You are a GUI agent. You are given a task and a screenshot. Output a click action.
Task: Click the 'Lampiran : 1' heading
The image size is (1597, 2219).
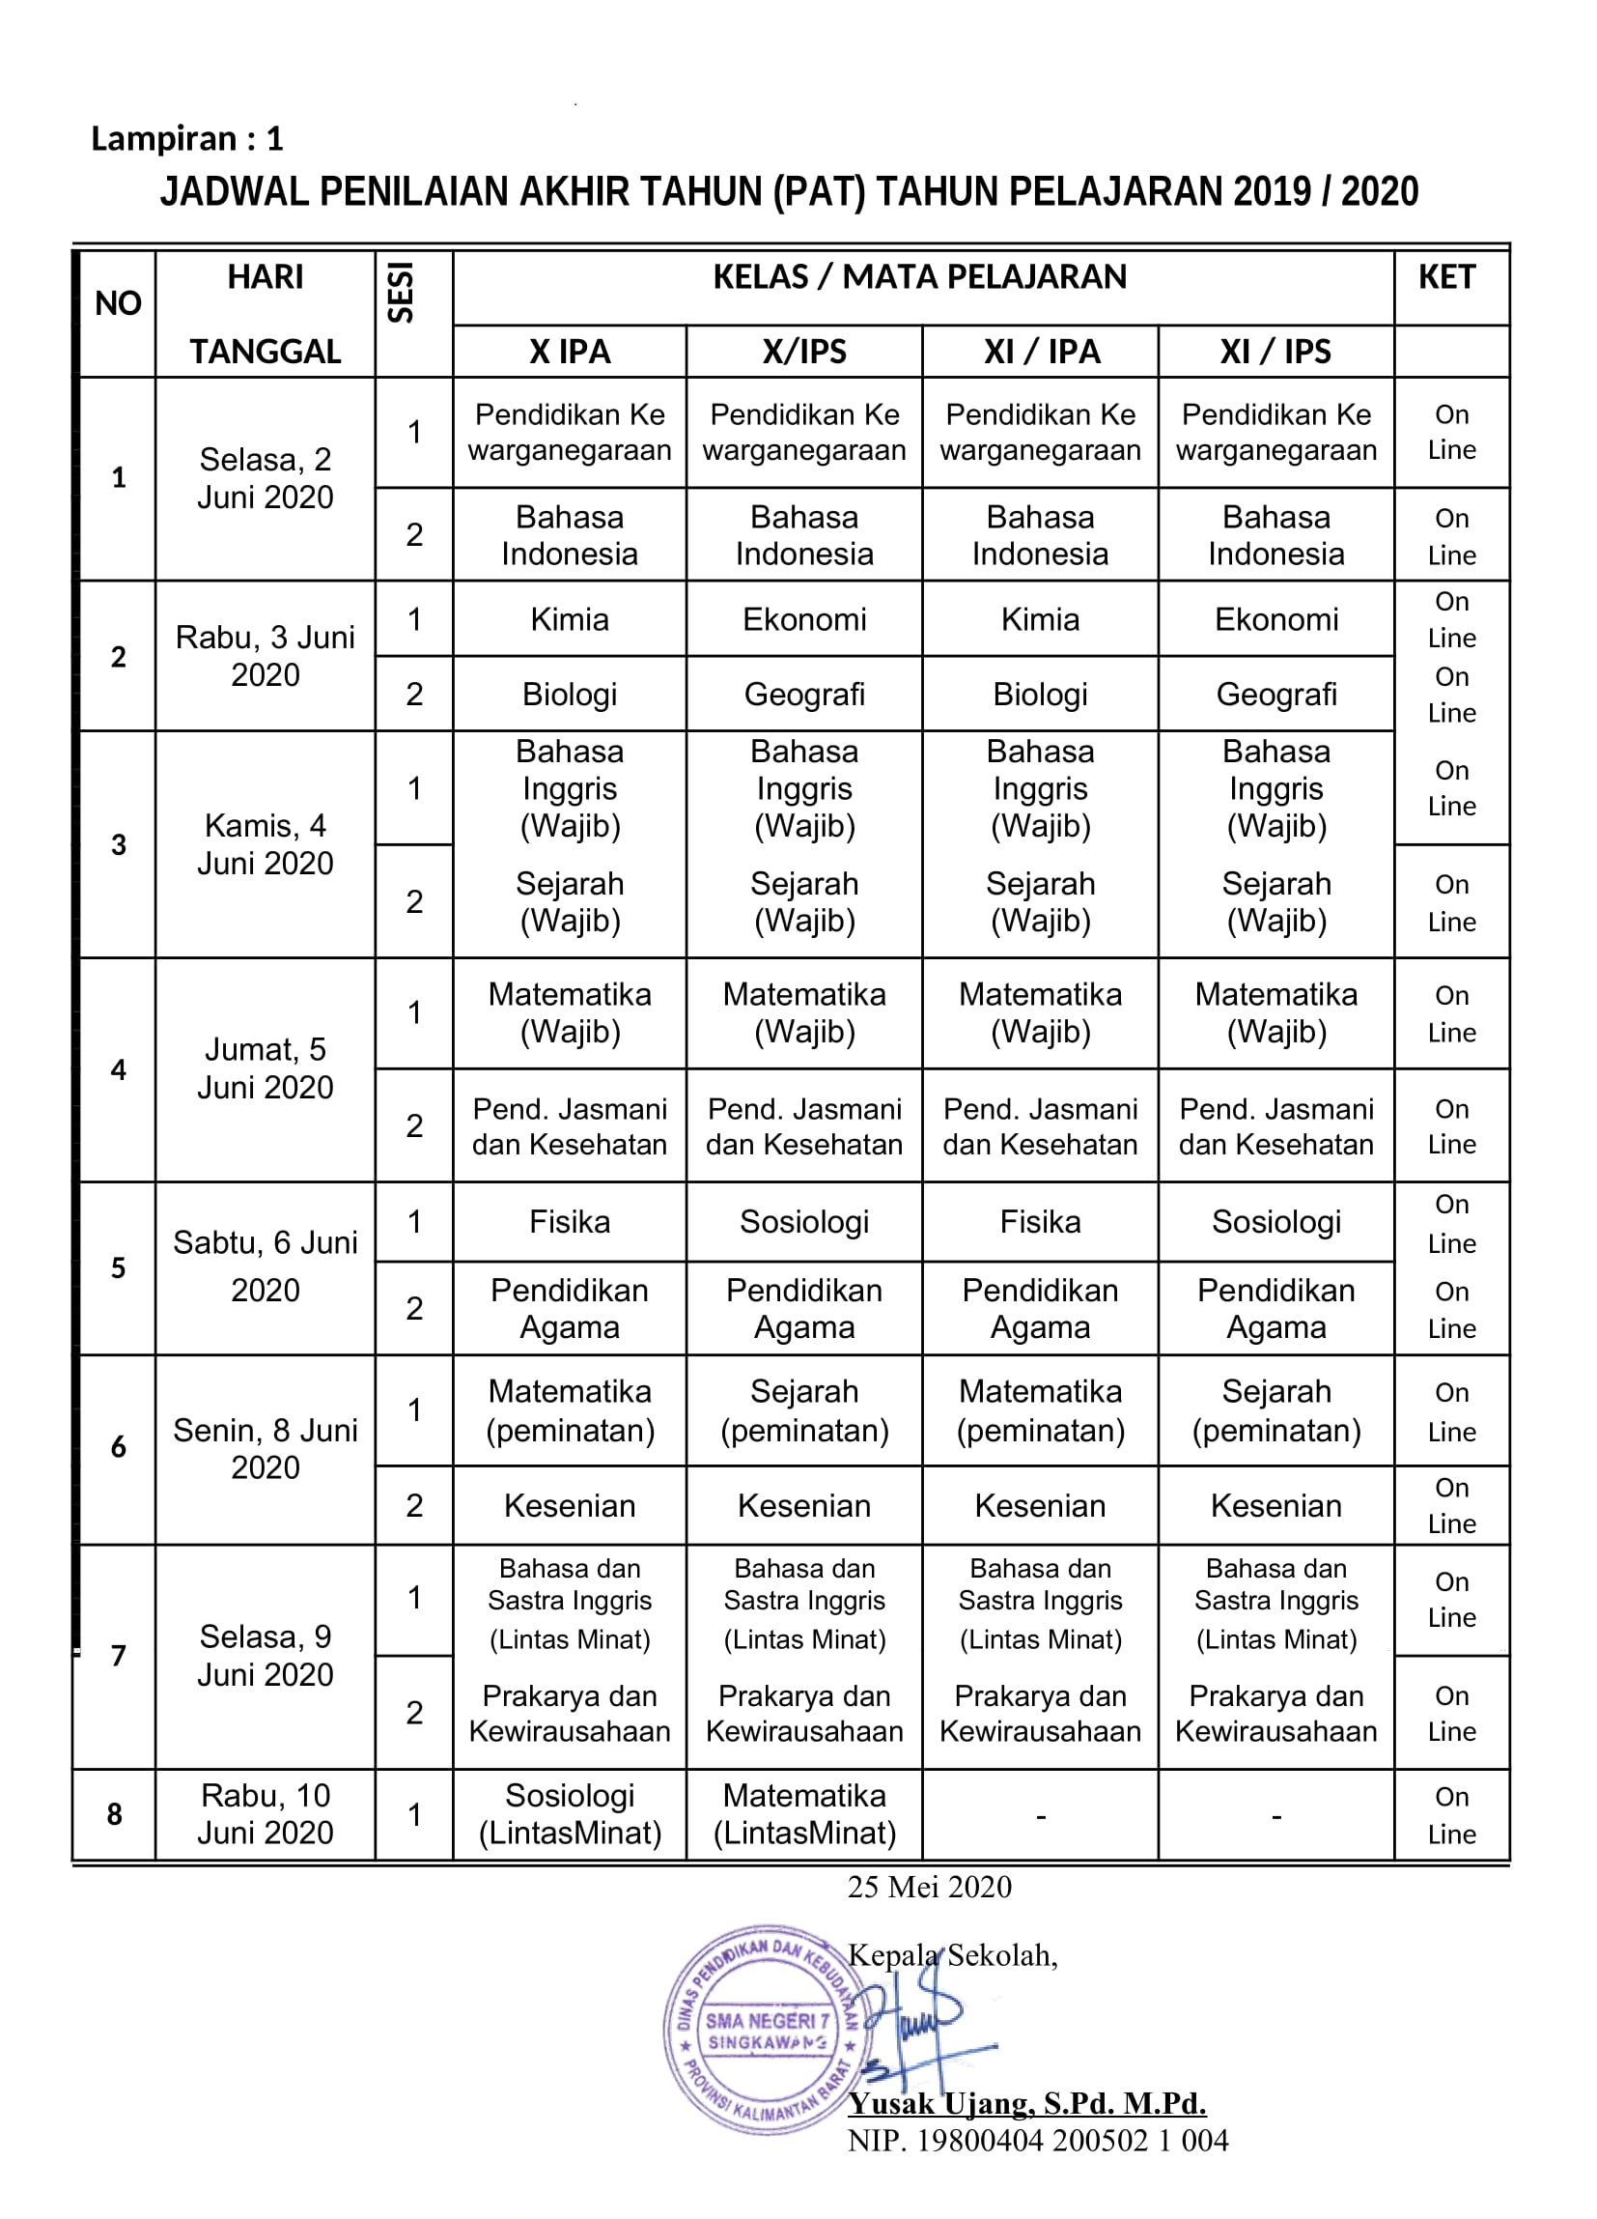point(186,139)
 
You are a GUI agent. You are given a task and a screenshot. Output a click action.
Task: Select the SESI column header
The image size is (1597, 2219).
point(401,293)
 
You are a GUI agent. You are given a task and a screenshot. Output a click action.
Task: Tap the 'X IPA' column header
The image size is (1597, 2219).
point(569,352)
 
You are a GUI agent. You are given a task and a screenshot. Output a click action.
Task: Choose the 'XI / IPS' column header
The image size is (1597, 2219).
point(1275,352)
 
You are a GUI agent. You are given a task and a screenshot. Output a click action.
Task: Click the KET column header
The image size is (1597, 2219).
point(1446,277)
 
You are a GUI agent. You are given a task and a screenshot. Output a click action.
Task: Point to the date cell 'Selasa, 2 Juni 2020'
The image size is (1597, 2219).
point(265,478)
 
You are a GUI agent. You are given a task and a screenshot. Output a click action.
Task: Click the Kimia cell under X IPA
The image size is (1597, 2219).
point(569,619)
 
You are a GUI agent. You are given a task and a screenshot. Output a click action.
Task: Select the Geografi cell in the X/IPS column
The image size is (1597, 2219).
point(804,695)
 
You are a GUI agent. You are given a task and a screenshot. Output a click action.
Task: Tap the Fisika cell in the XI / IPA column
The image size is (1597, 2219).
point(1040,1222)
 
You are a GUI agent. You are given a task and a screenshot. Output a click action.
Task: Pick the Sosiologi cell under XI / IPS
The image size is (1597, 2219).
point(1275,1222)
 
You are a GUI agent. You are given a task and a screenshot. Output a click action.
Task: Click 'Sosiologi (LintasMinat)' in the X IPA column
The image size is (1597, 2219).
point(569,1814)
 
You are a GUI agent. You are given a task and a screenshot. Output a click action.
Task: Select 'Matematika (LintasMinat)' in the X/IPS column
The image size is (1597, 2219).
point(804,1814)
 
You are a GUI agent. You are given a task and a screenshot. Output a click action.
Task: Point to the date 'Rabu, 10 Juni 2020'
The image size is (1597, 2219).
point(265,1814)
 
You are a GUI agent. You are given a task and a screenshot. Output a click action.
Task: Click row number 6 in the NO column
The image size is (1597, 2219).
point(119,1447)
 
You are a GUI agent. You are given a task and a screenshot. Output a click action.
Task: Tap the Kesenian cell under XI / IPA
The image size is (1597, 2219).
point(1040,1506)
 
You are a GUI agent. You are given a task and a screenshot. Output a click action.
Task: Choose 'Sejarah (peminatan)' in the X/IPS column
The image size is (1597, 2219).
point(804,1410)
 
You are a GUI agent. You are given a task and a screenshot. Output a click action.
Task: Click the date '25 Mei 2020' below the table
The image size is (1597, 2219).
point(929,1887)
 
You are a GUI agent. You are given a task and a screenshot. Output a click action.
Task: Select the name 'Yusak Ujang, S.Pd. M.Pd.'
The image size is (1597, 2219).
point(1027,2102)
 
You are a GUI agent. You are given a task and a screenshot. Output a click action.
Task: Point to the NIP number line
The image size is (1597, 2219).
point(1037,2141)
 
